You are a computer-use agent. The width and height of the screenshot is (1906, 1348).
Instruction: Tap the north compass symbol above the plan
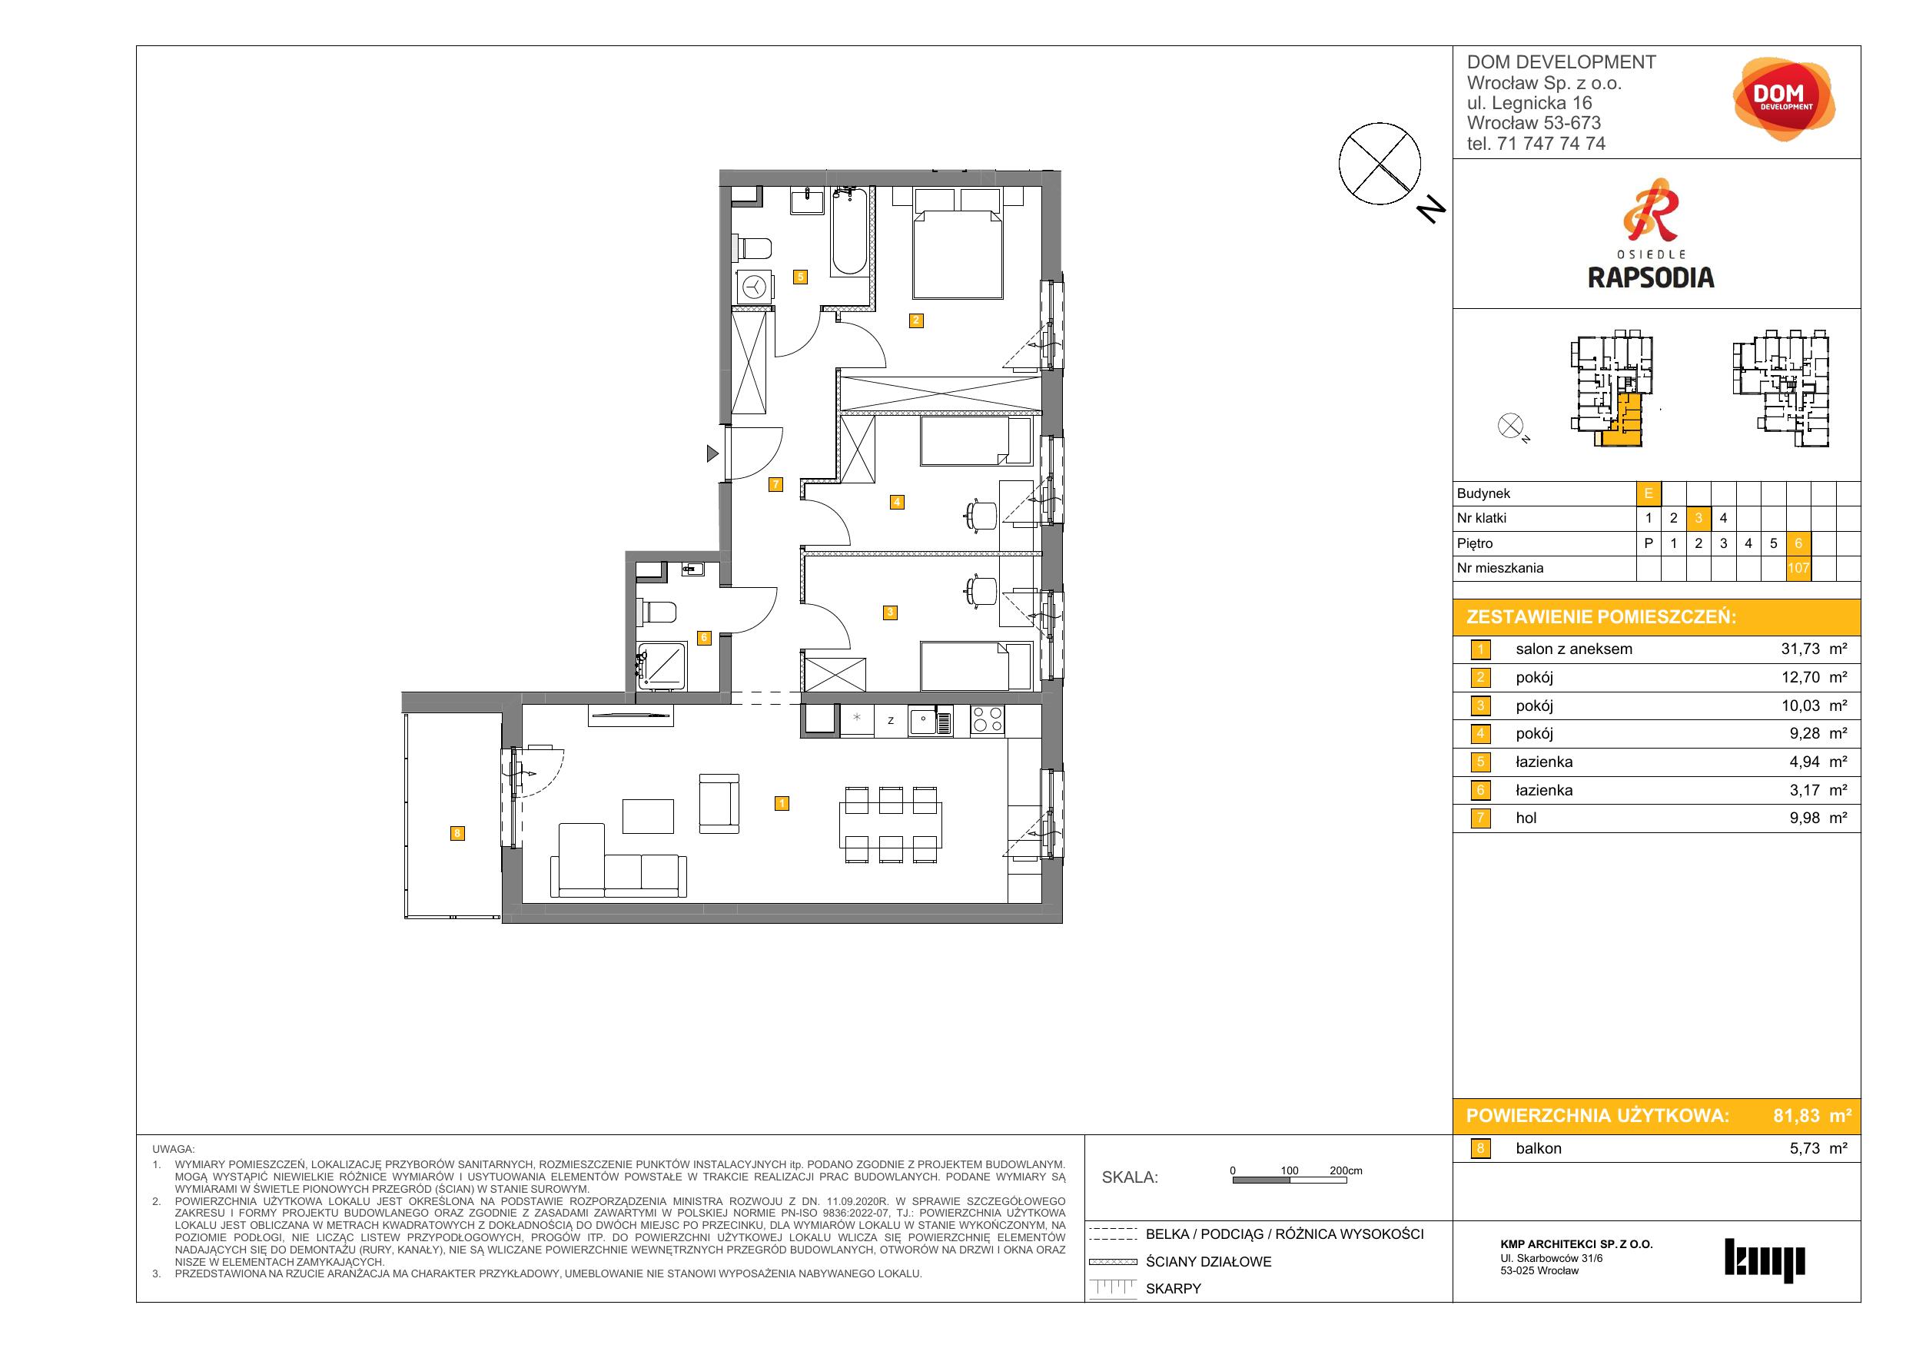pos(1380,164)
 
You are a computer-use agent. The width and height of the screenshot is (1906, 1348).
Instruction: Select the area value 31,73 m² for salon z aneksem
pos(1814,649)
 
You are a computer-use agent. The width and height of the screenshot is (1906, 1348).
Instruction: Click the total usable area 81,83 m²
pos(1812,1116)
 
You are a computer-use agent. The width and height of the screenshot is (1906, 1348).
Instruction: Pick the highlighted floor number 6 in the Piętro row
pos(1798,543)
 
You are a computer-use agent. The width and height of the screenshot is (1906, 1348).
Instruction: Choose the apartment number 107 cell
pos(1798,569)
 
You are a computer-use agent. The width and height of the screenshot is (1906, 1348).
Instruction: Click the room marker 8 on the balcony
pos(457,833)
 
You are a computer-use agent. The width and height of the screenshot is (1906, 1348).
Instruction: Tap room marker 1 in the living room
pos(781,803)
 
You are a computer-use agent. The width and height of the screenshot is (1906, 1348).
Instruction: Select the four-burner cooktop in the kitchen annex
pos(987,719)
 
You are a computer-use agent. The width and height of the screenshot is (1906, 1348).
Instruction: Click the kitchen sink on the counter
pos(931,720)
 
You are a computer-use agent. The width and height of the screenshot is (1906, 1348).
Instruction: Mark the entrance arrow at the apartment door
pos(712,453)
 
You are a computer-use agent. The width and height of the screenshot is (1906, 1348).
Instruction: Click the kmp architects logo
pos(1765,1260)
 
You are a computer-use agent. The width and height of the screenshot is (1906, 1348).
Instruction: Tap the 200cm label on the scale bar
pos(1346,1170)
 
